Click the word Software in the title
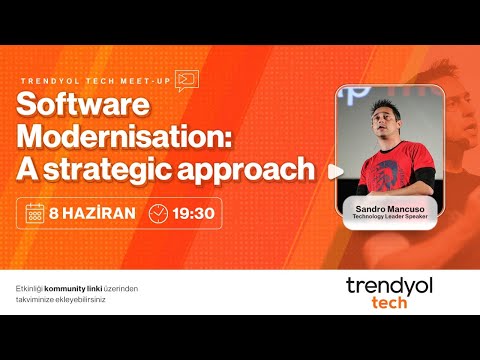[82, 106]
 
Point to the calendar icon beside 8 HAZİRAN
[35, 213]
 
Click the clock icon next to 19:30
[158, 213]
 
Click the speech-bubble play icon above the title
[186, 80]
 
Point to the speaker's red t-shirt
[386, 165]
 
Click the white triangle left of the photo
[334, 170]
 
